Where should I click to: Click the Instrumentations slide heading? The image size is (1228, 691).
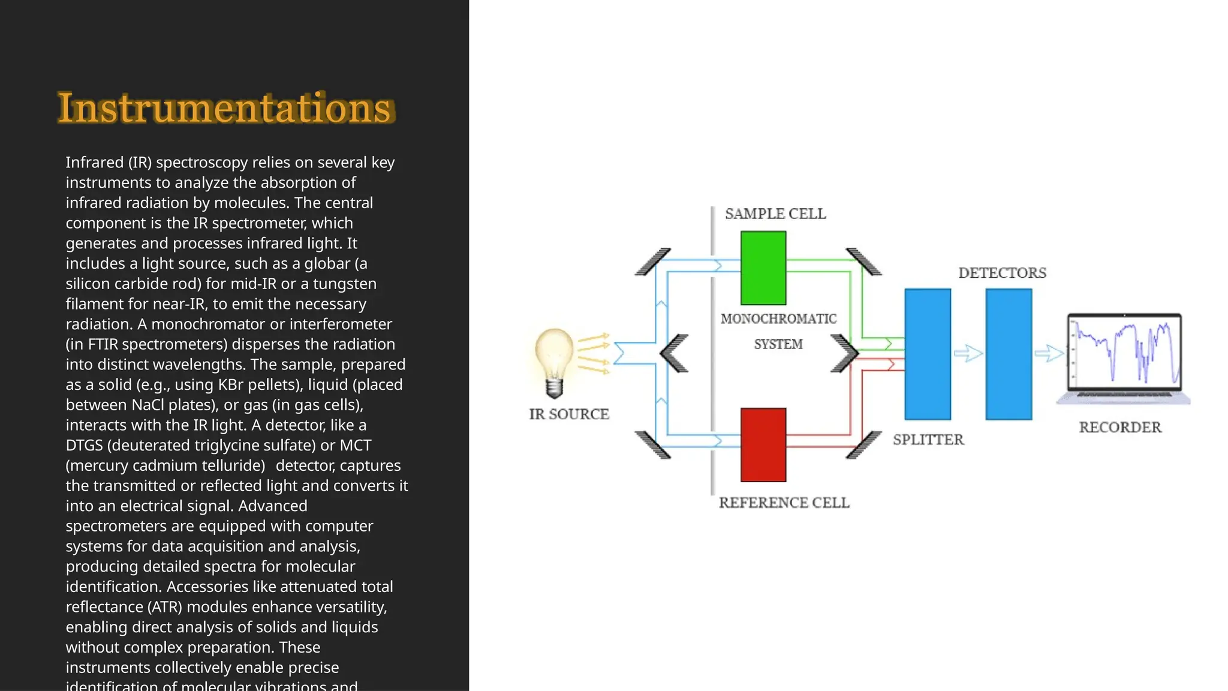coord(225,108)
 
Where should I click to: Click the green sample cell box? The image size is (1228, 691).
coord(763,268)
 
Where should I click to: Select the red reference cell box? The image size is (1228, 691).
coord(763,444)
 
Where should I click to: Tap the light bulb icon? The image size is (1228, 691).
coord(554,361)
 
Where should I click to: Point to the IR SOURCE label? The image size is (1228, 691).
coord(568,414)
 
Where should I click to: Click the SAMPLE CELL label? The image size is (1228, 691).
coord(775,214)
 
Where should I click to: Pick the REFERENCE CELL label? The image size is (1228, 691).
coord(784,502)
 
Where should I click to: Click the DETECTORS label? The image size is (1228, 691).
coord(1002,273)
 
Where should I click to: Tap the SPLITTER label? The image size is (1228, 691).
coord(928,439)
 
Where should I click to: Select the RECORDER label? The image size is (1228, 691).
coord(1119,427)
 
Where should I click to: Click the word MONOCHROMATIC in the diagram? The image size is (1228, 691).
coord(778,319)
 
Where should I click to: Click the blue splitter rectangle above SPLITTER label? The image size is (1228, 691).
coord(928,354)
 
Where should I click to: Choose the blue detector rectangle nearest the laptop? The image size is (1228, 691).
coord(1009,354)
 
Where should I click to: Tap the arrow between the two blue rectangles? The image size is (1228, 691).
coord(968,353)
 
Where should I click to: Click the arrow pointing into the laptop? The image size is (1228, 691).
coord(1049,353)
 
